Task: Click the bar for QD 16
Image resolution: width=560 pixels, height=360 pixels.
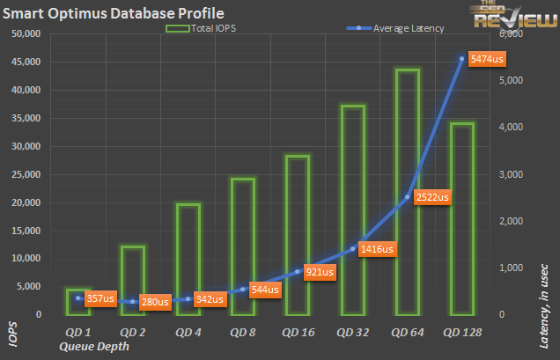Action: (x=297, y=233)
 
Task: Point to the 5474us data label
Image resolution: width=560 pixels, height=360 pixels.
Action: (x=483, y=59)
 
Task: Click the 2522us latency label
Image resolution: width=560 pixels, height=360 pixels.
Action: (x=431, y=197)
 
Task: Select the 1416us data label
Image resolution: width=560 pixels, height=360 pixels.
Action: (x=376, y=248)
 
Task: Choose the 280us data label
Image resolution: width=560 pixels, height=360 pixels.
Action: (x=154, y=302)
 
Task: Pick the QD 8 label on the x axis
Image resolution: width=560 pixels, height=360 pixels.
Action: (x=242, y=333)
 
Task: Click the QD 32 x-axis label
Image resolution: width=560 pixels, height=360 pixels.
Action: (x=352, y=333)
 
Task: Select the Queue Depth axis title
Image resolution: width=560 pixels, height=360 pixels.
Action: (x=94, y=347)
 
